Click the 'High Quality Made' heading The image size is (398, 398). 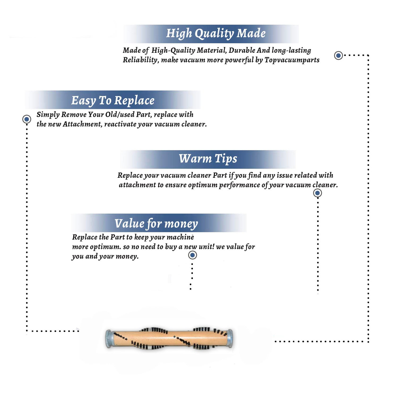(216, 34)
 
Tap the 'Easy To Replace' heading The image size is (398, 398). (113, 101)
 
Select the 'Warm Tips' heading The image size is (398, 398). (208, 159)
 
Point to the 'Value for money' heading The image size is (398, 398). (156, 224)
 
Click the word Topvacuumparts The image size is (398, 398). (292, 60)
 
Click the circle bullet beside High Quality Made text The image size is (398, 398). (338, 55)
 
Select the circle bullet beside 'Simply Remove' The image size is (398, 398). (27, 119)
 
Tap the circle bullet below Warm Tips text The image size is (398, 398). (317, 193)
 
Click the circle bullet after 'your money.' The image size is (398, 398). (192, 255)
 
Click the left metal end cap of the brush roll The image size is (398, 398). (109, 339)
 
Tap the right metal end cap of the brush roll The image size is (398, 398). (230, 338)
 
